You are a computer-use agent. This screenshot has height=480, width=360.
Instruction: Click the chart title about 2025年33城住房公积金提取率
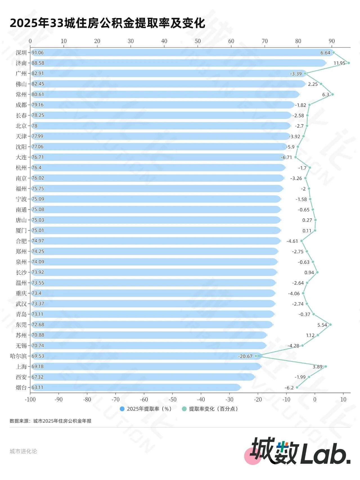pos(107,23)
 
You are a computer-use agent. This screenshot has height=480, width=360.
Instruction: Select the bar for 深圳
pos(180,53)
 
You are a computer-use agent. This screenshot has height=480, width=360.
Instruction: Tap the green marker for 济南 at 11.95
pos(348,63)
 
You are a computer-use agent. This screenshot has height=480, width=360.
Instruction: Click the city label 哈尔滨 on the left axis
pos(18,356)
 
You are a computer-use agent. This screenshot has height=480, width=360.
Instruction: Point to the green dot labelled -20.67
pos(256,356)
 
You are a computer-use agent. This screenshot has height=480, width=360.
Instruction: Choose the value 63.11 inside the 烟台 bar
pos(37,387)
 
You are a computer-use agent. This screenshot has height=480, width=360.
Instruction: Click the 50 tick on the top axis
pos(198,41)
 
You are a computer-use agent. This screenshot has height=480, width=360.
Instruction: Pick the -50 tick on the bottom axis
pos(172,400)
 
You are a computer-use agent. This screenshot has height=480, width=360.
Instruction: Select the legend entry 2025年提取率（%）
pos(146,409)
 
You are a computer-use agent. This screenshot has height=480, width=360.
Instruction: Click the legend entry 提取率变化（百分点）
pos(211,409)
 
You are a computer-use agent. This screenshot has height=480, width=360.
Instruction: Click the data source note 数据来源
pos(51,421)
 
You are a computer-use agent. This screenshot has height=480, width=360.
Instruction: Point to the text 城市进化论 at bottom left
pos(23,451)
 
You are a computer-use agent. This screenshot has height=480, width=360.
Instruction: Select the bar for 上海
pos(146,366)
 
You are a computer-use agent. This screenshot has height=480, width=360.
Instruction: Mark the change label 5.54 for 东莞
pos(322,325)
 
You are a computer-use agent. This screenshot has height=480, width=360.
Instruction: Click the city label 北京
pos(21,126)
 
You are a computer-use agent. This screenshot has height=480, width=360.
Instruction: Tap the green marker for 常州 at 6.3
pos(332,94)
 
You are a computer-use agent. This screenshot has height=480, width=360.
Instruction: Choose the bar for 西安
pos(143,377)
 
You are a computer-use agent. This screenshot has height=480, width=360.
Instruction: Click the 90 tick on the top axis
pos(332,41)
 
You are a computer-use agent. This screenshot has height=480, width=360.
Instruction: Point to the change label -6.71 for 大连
pos(286,158)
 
